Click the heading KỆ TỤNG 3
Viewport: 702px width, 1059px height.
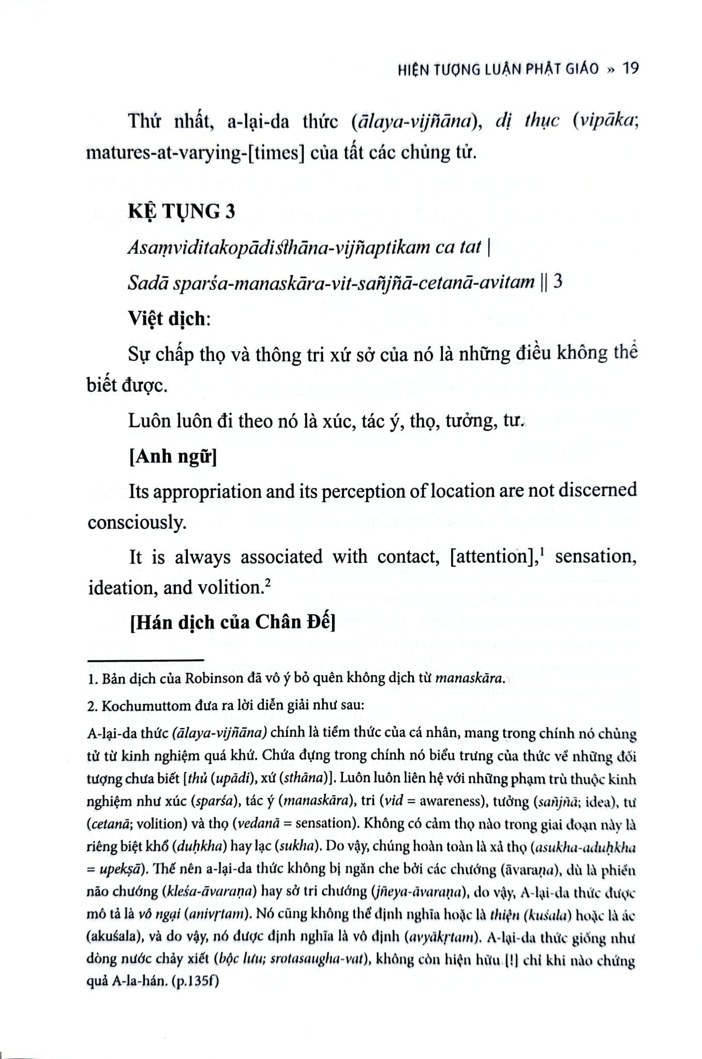[182, 211]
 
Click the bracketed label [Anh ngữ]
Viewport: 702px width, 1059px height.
[173, 456]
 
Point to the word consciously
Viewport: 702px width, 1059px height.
[137, 522]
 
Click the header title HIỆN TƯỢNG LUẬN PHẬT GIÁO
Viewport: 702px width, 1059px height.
[498, 69]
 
